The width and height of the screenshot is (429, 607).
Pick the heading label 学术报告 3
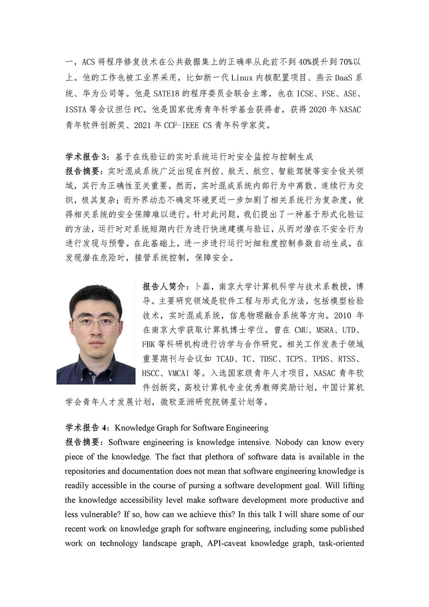tap(87, 157)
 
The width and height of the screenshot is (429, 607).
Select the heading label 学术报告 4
tap(87, 428)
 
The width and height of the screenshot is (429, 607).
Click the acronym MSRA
tap(325, 330)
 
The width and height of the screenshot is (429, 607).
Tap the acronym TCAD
tap(225, 359)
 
